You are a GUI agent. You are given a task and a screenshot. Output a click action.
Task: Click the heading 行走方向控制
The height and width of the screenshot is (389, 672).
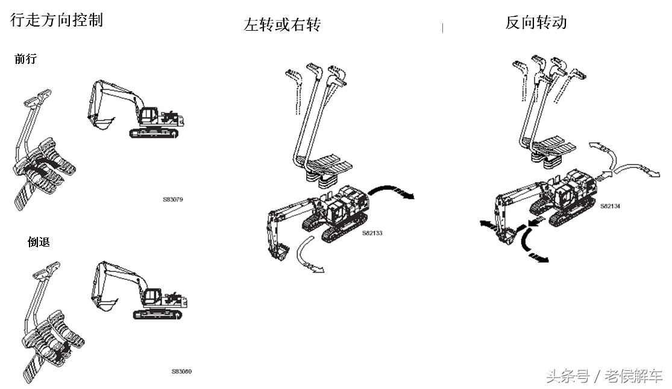click(57, 19)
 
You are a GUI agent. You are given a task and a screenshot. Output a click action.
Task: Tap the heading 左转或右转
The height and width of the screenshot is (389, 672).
click(282, 24)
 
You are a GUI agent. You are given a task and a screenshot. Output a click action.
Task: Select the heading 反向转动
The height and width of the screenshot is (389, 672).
click(536, 22)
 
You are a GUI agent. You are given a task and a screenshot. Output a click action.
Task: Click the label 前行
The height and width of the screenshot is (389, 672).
click(25, 59)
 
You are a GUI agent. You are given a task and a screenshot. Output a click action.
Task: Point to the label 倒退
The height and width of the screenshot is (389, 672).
click(39, 242)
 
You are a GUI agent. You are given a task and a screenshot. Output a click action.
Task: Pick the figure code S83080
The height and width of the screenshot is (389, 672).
click(181, 371)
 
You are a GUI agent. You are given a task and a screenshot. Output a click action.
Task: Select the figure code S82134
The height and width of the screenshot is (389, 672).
click(610, 206)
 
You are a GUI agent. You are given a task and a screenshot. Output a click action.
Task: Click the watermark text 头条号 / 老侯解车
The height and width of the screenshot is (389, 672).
click(604, 377)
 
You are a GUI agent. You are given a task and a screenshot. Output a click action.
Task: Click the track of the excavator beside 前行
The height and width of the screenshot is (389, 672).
click(155, 131)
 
